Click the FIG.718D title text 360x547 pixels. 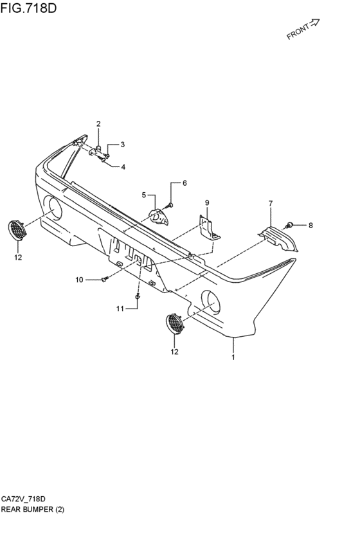coord(28,8)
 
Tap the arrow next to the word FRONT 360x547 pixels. coord(314,23)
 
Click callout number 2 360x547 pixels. coord(98,123)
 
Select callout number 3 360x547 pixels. coord(122,145)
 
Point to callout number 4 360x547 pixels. coord(123,167)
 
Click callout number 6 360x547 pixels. coord(184,183)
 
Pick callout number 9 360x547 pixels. coord(207,202)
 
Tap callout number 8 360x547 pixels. coord(310,226)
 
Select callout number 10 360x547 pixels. coord(80,280)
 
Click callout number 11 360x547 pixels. coord(120,309)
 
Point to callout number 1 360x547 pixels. coord(233,357)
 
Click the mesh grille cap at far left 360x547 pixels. coord(16,230)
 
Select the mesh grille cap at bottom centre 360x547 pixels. coord(175,325)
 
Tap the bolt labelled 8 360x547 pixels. coord(289,226)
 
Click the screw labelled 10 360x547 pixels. coord(105,279)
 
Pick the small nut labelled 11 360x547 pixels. coord(138,297)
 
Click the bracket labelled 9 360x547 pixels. coord(208,229)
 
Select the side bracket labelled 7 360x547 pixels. coord(279,239)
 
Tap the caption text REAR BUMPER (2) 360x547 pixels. coord(33,510)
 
